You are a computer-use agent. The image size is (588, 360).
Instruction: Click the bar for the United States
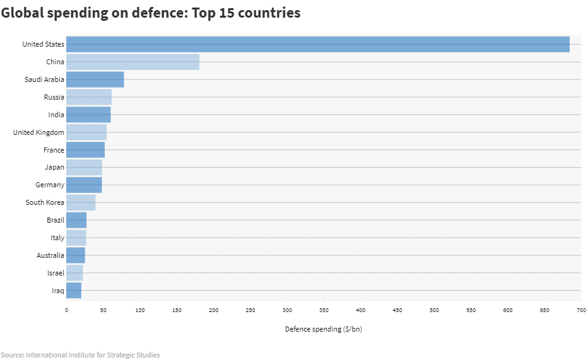tap(318, 44)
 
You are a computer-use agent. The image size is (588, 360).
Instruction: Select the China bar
tap(132, 62)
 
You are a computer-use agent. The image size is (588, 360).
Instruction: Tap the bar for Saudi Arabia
tap(95, 79)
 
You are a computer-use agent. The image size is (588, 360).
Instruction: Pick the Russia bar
tap(89, 97)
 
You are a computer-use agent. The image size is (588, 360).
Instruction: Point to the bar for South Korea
tap(81, 202)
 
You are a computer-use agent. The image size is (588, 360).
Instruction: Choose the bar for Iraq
tap(74, 291)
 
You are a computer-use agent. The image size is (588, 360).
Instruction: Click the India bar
tap(88, 115)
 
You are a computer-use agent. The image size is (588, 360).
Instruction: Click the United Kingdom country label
tap(38, 132)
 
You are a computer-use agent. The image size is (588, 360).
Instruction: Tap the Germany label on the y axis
tap(50, 185)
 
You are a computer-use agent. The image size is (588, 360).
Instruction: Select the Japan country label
tap(54, 167)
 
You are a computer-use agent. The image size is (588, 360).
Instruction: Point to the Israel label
tap(56, 273)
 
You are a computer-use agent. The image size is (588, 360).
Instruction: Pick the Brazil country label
tap(56, 220)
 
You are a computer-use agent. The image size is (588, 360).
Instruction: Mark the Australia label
tap(50, 255)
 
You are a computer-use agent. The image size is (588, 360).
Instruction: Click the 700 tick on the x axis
tap(581, 310)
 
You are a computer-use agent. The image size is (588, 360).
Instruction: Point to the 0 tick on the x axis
tap(66, 310)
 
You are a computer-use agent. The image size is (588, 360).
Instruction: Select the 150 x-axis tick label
tap(177, 310)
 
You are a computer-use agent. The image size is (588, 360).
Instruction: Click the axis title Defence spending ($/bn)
tap(323, 329)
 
